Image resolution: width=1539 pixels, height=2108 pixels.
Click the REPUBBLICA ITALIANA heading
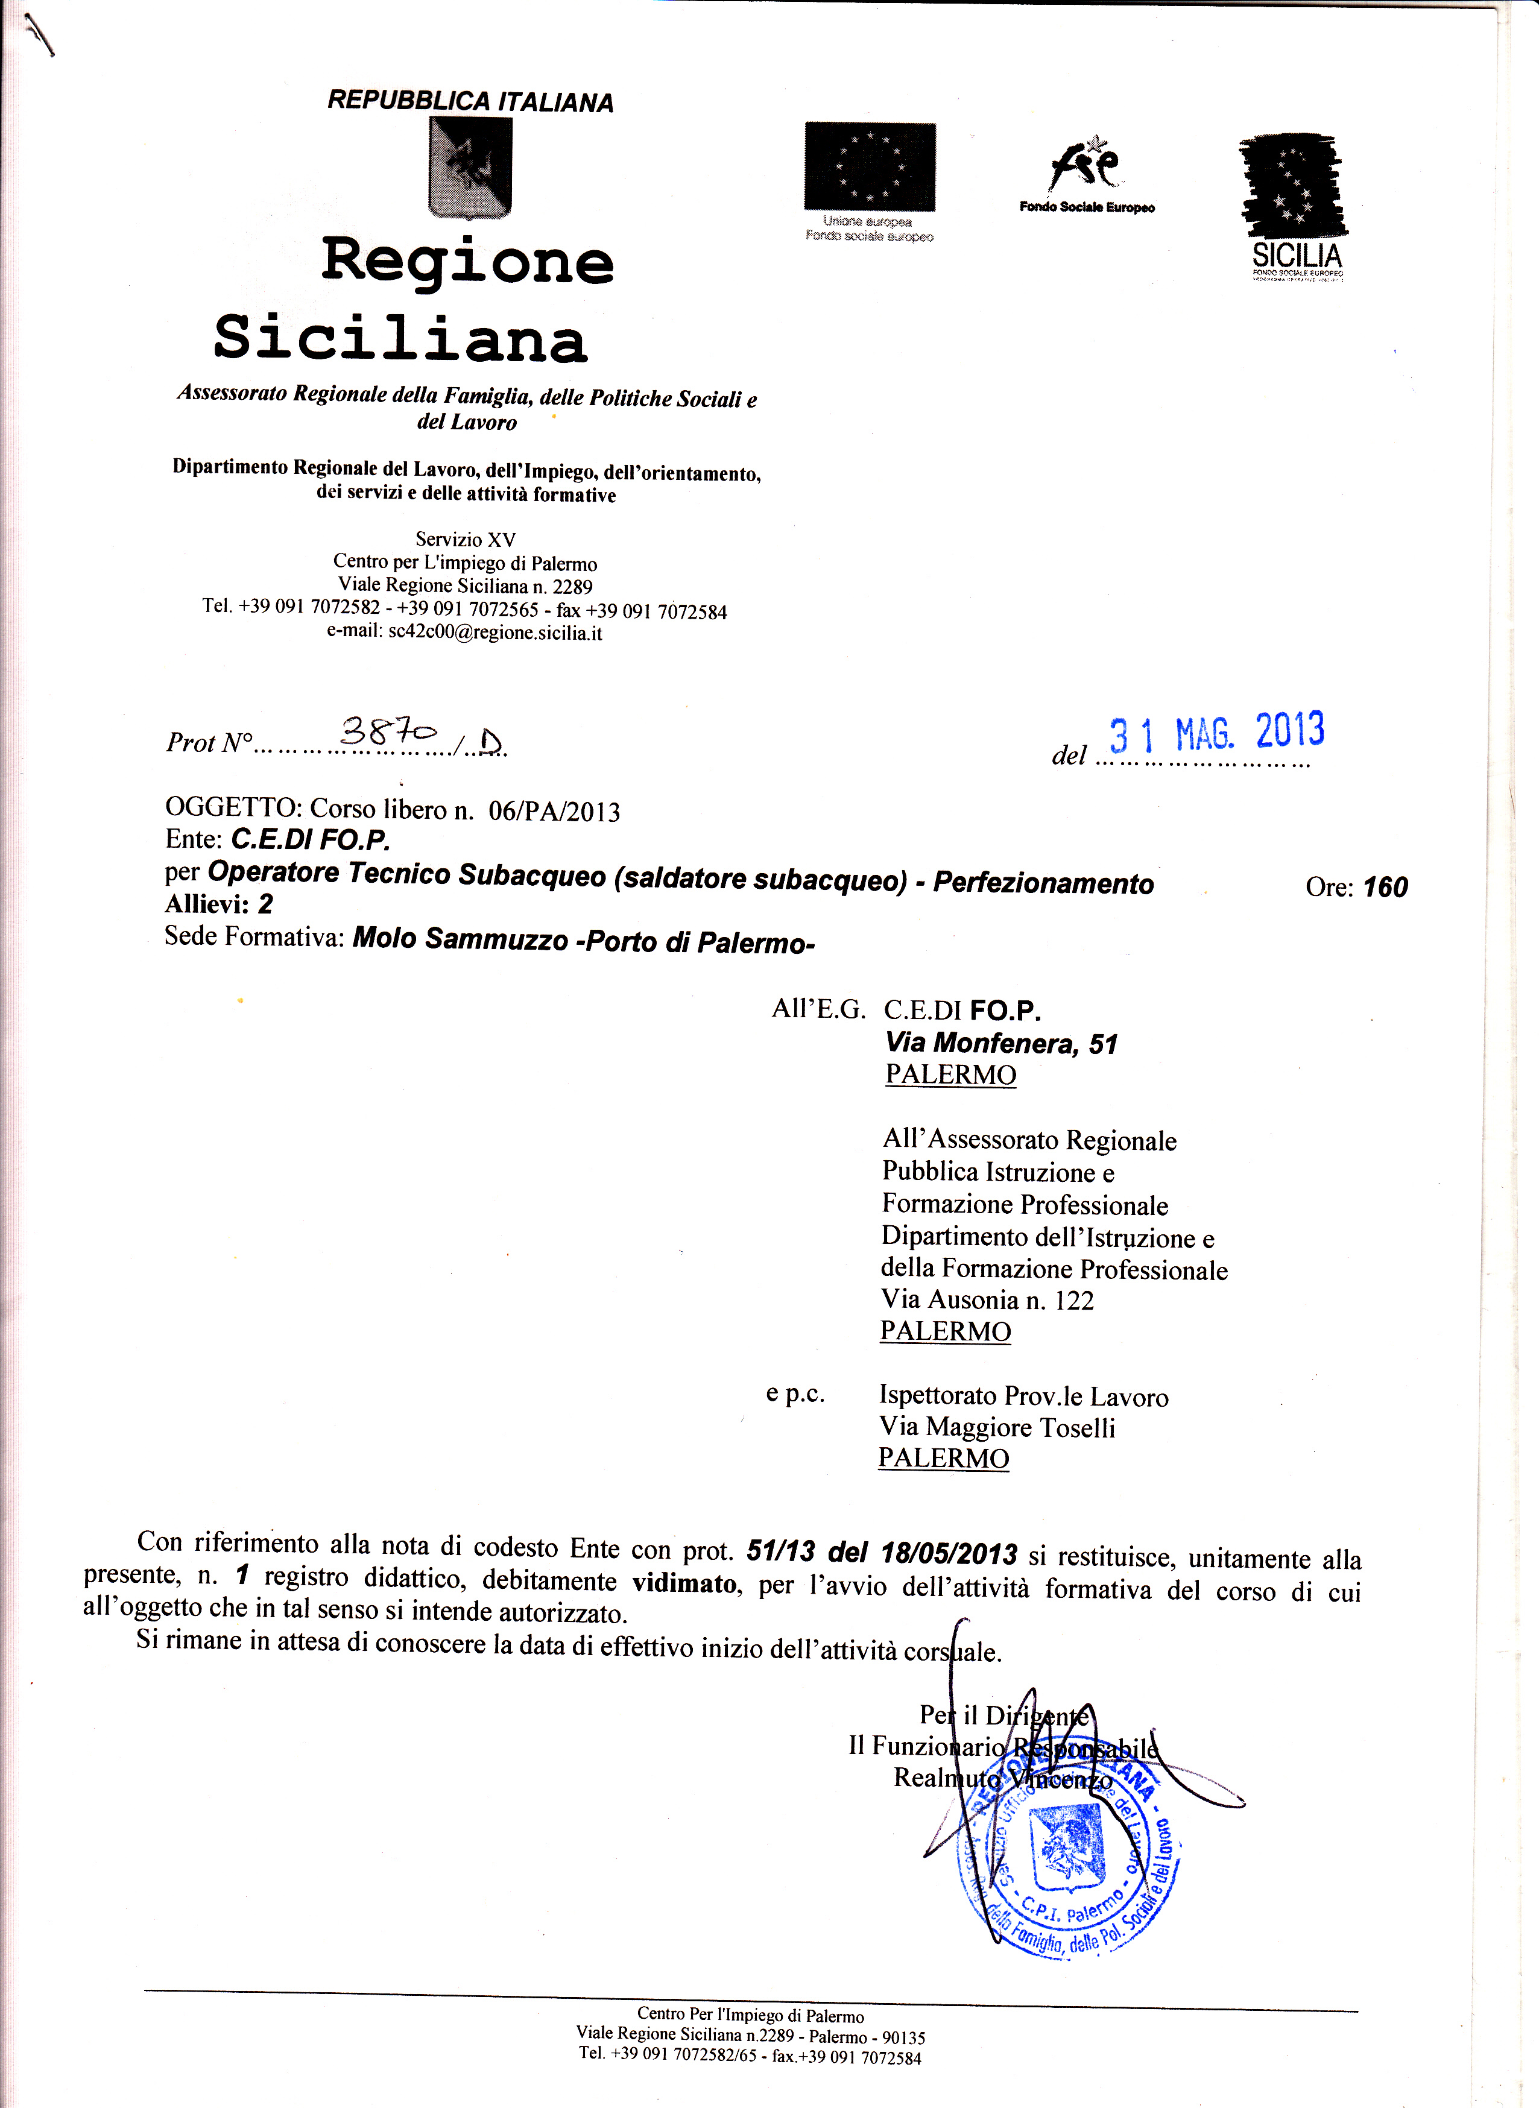(x=470, y=101)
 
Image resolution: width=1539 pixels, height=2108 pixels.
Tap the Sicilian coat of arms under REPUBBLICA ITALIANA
(x=470, y=168)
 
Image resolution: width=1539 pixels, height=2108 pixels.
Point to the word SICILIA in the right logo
(x=1297, y=254)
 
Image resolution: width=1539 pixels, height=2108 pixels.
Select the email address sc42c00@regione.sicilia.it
(x=495, y=633)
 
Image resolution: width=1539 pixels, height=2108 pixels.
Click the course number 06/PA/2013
(x=554, y=812)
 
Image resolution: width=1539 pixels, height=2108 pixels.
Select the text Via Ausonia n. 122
(x=987, y=1301)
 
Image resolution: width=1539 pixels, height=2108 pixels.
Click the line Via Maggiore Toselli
(x=997, y=1428)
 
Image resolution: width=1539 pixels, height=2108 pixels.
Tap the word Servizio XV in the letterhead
(x=465, y=539)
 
